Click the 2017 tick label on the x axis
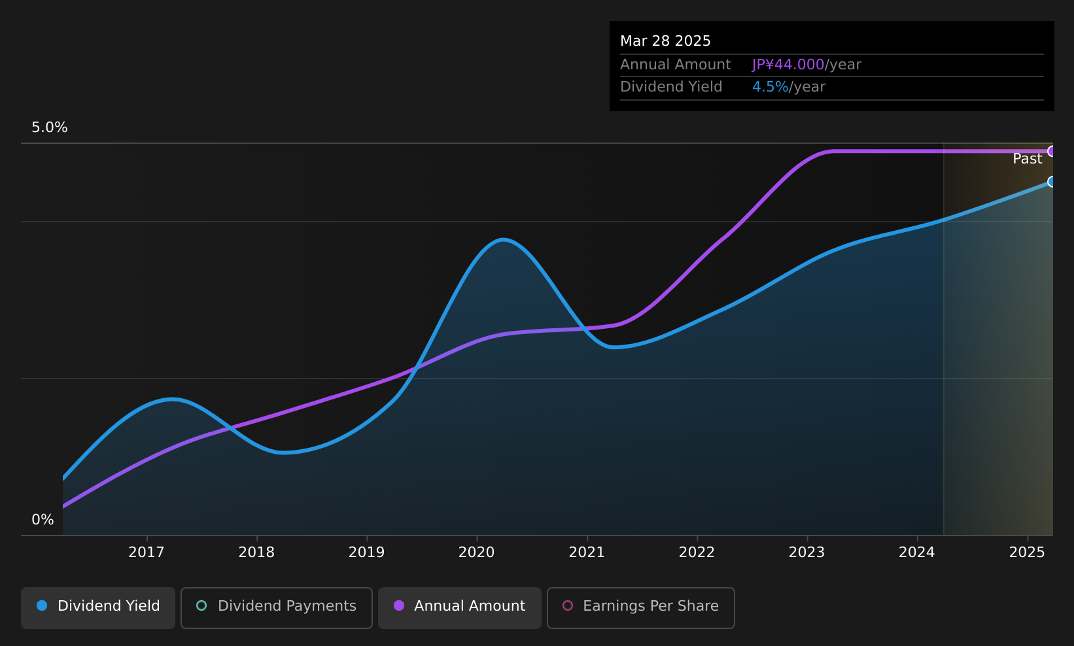147,552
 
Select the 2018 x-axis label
256,552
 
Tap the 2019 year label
366,552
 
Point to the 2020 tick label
477,552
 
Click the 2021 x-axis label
587,552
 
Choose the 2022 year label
697,552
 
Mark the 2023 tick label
807,552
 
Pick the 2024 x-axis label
917,552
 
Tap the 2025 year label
1027,552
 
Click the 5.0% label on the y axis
50,127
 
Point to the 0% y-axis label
43,520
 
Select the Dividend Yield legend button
98,607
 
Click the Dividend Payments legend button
277,607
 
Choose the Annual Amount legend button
460,607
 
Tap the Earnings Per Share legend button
641,607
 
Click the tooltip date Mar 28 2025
665,41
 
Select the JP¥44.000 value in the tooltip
788,65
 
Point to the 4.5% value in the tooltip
770,87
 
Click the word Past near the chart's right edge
1028,159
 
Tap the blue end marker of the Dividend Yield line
1052,182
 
